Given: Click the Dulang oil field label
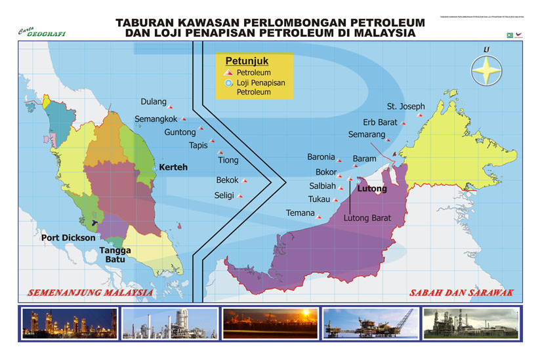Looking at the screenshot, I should (154, 102).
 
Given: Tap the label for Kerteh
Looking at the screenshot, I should (173, 167).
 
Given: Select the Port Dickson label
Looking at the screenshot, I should (68, 237).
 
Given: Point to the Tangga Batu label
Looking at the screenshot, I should (115, 255).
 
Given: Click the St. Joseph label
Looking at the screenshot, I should (405, 106).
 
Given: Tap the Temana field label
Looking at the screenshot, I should (300, 212).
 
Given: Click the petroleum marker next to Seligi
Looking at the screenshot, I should (241, 195).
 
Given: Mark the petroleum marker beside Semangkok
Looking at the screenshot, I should (184, 119).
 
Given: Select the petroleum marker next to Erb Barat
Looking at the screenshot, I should (405, 123).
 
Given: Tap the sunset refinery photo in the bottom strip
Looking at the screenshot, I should (270, 323).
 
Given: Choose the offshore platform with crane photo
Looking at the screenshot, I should (370, 323).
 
